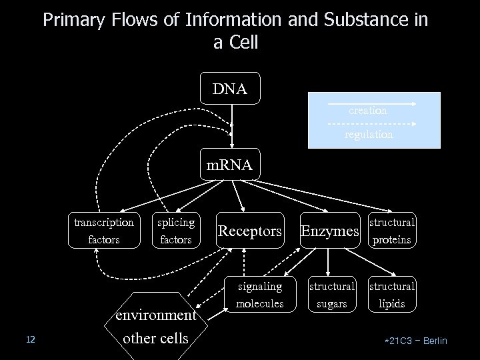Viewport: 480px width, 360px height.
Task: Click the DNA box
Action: point(230,89)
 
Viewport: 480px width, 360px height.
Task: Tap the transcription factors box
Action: point(103,231)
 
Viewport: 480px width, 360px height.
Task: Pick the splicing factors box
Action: point(176,231)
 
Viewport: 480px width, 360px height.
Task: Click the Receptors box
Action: point(250,231)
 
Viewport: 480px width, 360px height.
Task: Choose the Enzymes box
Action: point(330,231)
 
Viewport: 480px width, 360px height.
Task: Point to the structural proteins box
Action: point(392,231)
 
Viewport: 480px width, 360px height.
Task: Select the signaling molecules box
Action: point(259,295)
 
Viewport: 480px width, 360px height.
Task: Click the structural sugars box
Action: point(331,295)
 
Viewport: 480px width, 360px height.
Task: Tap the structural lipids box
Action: point(392,295)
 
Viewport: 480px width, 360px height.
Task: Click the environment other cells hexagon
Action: point(155,326)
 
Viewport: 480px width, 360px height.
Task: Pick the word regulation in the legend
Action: point(369,134)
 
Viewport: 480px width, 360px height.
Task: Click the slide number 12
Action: point(30,341)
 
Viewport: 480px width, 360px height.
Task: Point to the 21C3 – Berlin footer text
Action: point(417,341)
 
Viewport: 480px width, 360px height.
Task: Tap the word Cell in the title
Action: point(243,43)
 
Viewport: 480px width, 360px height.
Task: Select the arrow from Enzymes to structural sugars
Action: point(331,262)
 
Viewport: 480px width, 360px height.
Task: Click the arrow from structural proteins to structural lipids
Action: point(392,262)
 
